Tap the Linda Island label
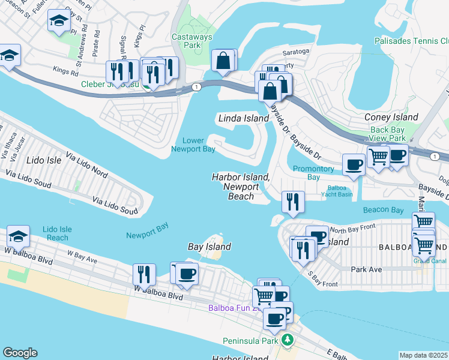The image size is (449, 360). pos(243,118)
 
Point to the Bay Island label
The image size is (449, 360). pos(209,247)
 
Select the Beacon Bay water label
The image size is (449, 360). pos(383,209)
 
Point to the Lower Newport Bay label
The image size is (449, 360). pos(193,145)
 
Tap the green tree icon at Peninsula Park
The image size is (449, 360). pos(288,341)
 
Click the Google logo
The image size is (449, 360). pos(20,353)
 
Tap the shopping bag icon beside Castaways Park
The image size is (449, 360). pos(223,60)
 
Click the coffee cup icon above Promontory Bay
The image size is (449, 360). pos(353,164)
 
